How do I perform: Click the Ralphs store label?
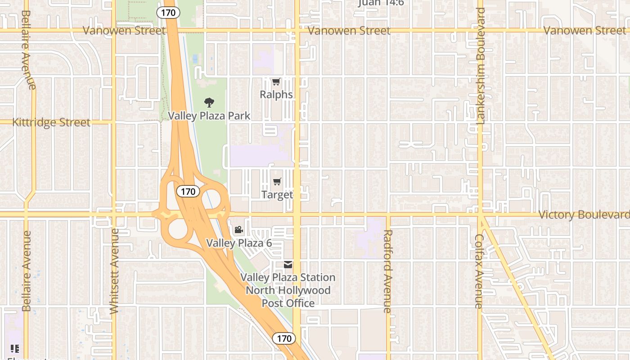pyautogui.click(x=276, y=94)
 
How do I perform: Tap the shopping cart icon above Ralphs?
pyautogui.click(x=276, y=82)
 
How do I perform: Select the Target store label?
pyautogui.click(x=277, y=194)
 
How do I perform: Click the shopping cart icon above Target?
pyautogui.click(x=277, y=182)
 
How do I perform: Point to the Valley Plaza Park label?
pyautogui.click(x=209, y=116)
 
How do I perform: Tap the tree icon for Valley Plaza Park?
pyautogui.click(x=209, y=103)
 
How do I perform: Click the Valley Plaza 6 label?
pyautogui.click(x=239, y=243)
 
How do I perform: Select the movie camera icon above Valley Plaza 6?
pyautogui.click(x=238, y=230)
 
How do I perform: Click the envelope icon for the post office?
pyautogui.click(x=288, y=265)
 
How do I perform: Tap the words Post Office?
pyautogui.click(x=288, y=303)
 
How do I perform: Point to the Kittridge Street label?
pyautogui.click(x=51, y=122)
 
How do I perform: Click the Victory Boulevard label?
pyautogui.click(x=584, y=215)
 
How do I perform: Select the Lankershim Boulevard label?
pyautogui.click(x=481, y=66)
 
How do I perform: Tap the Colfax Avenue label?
pyautogui.click(x=479, y=271)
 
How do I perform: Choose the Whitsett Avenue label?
pyautogui.click(x=114, y=271)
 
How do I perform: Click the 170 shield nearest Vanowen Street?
pyautogui.click(x=168, y=13)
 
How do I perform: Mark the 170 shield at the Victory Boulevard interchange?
pyautogui.click(x=188, y=192)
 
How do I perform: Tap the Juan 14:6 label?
pyautogui.click(x=381, y=3)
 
